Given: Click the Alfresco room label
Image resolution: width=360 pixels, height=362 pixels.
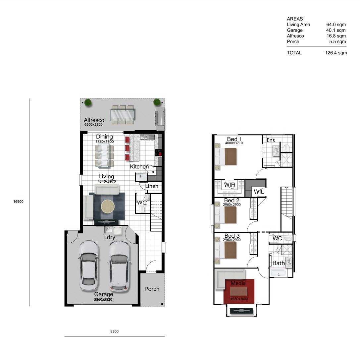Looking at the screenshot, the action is tap(94, 120).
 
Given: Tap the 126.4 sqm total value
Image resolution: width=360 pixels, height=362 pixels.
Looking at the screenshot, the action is tap(336, 53).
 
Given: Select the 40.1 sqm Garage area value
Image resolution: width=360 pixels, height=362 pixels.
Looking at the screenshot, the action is tap(336, 30).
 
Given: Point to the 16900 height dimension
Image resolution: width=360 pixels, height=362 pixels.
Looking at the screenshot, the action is tap(18, 202).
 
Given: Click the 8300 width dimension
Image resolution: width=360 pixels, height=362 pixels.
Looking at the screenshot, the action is tap(114, 331).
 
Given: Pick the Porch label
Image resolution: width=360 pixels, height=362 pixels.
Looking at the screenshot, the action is tap(152, 289).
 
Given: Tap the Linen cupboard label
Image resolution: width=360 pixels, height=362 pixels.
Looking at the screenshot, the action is tap(152, 186).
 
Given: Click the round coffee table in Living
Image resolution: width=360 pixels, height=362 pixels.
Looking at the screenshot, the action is tap(107, 206).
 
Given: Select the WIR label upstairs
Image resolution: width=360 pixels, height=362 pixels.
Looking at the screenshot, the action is tap(230, 185).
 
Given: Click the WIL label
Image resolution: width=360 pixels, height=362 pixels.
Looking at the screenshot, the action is tap(259, 192).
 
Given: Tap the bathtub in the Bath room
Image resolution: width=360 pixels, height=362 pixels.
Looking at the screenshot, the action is tap(279, 273).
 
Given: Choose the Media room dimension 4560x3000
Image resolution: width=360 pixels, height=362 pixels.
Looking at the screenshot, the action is tap(239, 299).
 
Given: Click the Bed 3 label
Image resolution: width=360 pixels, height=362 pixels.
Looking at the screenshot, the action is tap(232, 236).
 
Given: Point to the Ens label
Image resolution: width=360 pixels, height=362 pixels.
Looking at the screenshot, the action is tap(271, 140).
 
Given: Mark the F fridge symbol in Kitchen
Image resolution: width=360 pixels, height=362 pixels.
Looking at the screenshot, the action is tap(141, 176).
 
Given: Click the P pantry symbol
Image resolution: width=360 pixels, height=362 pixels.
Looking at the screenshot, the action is tap(153, 173).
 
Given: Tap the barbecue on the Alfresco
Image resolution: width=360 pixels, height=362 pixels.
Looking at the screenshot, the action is tap(160, 118).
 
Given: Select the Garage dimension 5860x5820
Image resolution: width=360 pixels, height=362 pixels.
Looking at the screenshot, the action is tap(103, 299).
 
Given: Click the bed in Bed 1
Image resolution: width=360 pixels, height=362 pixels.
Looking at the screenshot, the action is tap(226, 156).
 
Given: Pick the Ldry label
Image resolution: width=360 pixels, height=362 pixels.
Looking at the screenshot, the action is tap(110, 237).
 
